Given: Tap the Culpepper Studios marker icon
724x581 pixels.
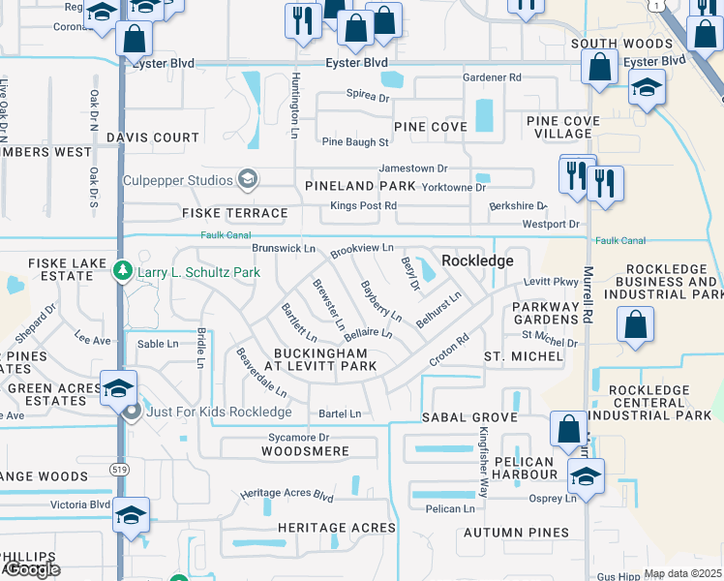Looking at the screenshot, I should (248, 179).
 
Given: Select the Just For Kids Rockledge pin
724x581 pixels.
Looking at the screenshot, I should (134, 411).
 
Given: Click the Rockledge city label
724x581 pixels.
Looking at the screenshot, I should (477, 261).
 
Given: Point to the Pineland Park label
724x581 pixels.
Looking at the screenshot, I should (360, 186).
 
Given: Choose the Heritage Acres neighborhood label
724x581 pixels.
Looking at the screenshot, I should (337, 528).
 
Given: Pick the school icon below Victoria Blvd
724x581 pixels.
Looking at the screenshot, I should (131, 516).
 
